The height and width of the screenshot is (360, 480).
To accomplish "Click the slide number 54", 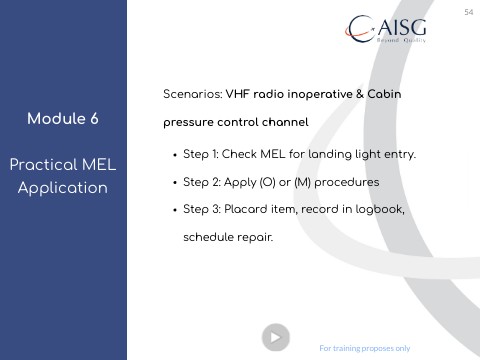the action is click(469, 12).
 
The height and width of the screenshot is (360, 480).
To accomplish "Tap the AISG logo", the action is click(386, 29).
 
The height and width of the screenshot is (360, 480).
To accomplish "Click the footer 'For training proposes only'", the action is click(365, 348).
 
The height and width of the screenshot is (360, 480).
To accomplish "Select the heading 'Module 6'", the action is click(63, 119).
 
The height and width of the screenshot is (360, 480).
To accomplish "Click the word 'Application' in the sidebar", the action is click(63, 188).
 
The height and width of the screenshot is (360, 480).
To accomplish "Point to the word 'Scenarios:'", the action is click(193, 94).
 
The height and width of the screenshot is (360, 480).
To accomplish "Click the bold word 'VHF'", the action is click(238, 94).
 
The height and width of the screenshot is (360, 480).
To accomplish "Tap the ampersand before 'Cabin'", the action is click(360, 94).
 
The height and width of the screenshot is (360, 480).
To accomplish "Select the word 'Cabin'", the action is click(384, 94).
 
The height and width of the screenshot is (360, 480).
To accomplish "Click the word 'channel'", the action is click(285, 122).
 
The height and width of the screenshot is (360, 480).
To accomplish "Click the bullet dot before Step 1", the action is click(175, 155).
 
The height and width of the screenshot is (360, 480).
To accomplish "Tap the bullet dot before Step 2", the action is click(175, 183).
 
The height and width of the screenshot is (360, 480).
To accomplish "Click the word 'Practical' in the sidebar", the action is click(42, 165).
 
